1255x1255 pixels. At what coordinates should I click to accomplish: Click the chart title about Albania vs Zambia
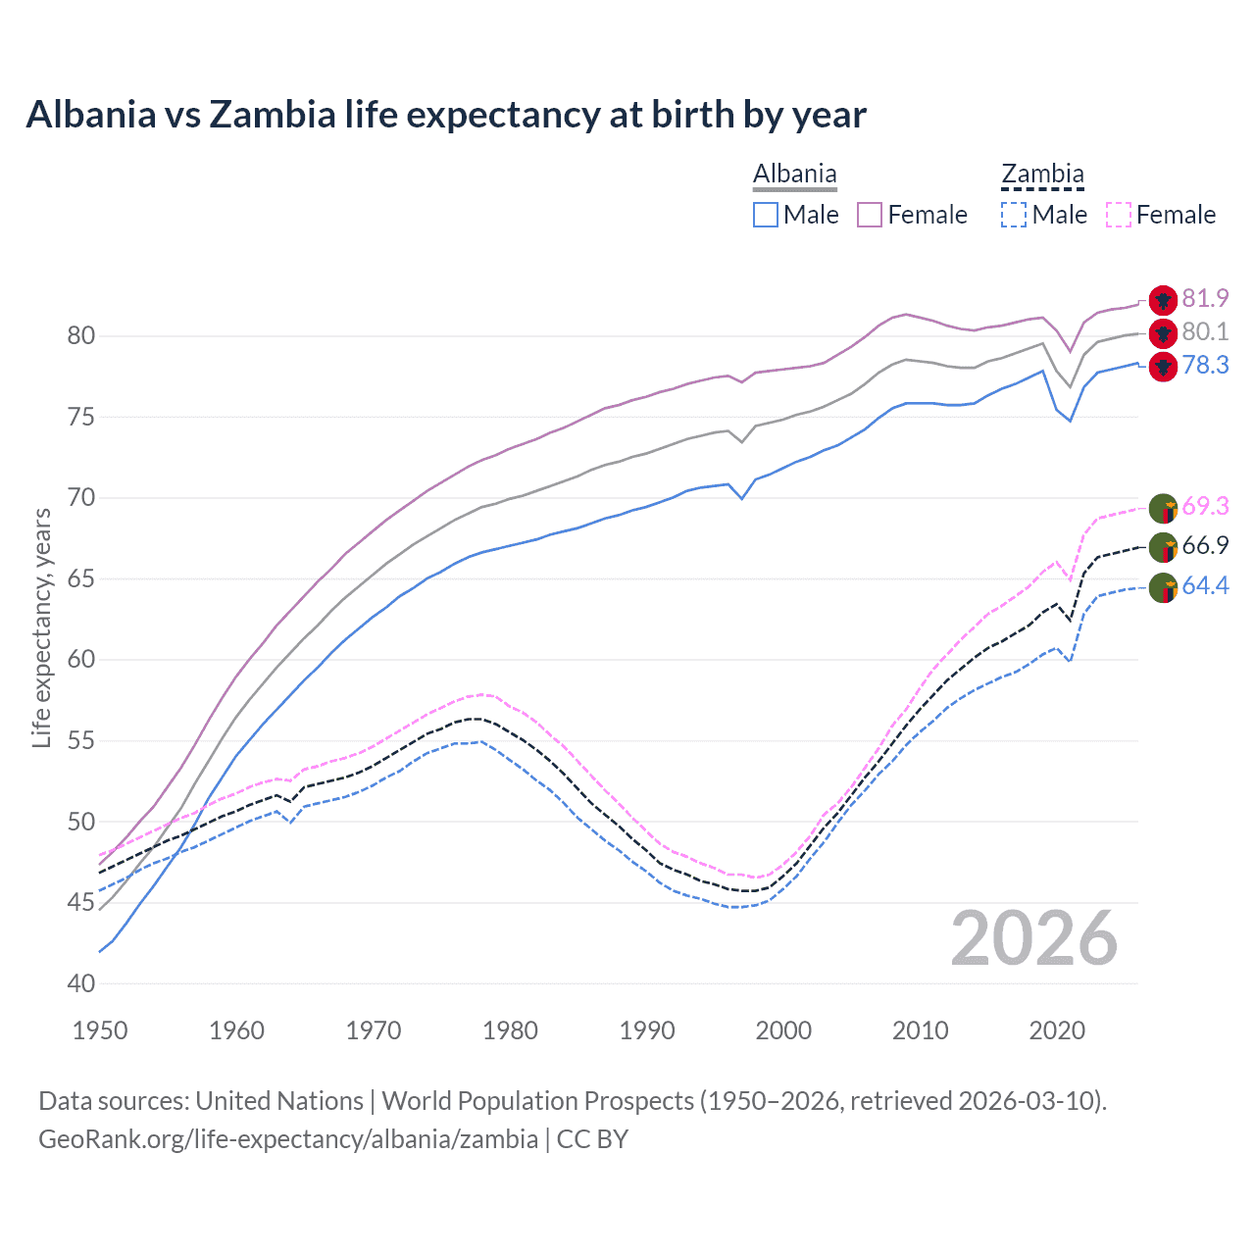point(446,115)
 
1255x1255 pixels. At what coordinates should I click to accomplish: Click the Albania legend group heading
point(794,175)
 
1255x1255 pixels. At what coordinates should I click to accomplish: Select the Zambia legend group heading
point(1042,175)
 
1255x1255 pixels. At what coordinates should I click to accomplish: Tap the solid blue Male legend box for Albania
point(766,215)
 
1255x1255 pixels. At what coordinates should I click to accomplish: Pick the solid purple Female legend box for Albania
point(870,215)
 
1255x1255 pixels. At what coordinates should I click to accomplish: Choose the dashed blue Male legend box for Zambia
point(1014,215)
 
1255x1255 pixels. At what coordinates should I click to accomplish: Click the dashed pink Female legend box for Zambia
point(1119,215)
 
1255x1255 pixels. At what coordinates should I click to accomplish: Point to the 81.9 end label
point(1205,298)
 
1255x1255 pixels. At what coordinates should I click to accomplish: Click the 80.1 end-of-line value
point(1205,332)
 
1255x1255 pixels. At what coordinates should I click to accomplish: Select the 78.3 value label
point(1205,366)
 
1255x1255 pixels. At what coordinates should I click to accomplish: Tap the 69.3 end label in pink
point(1205,506)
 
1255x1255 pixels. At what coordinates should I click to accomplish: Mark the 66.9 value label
point(1205,545)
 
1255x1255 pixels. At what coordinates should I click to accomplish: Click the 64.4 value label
point(1205,586)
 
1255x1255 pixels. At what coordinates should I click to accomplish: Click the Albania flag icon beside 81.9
point(1163,300)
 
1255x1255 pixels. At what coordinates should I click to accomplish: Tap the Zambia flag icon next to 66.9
point(1163,547)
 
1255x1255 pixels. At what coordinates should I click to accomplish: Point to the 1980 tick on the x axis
point(511,1030)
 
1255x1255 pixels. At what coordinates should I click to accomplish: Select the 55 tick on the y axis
point(81,741)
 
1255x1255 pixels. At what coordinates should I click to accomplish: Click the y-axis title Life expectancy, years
point(41,627)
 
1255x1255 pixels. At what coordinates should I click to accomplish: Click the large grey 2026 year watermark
point(1034,938)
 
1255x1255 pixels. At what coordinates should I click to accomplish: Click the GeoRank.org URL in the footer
point(288,1139)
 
